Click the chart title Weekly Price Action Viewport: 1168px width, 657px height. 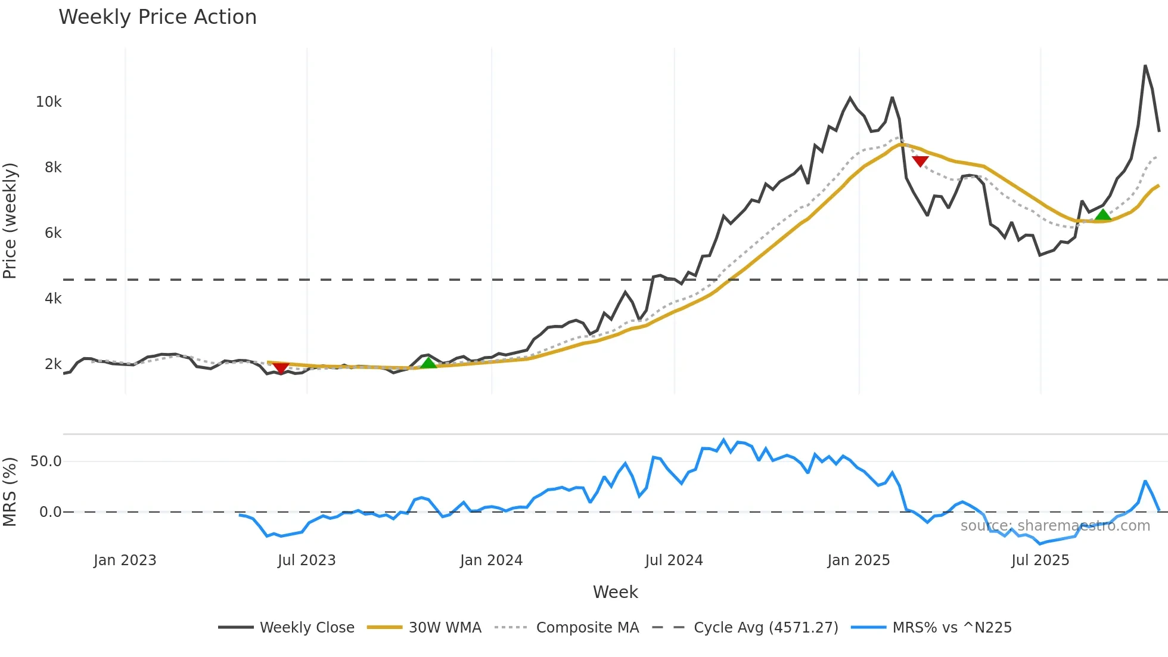point(157,17)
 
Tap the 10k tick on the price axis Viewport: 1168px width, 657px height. point(49,102)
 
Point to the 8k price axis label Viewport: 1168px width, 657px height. point(53,168)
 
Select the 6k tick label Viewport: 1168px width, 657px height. point(53,233)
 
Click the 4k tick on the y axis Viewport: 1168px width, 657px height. point(53,299)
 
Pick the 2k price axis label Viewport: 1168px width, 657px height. point(53,364)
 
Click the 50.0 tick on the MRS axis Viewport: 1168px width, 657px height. point(46,461)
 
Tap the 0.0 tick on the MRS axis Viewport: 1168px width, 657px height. point(50,512)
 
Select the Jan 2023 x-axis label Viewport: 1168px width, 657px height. point(125,560)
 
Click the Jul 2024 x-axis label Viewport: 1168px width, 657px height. point(674,560)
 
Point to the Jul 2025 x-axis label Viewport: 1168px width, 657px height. point(1040,560)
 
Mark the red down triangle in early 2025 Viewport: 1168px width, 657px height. point(920,161)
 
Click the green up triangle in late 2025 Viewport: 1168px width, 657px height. point(1103,215)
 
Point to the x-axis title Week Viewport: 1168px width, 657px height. point(615,592)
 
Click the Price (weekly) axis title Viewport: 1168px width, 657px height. point(10,221)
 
